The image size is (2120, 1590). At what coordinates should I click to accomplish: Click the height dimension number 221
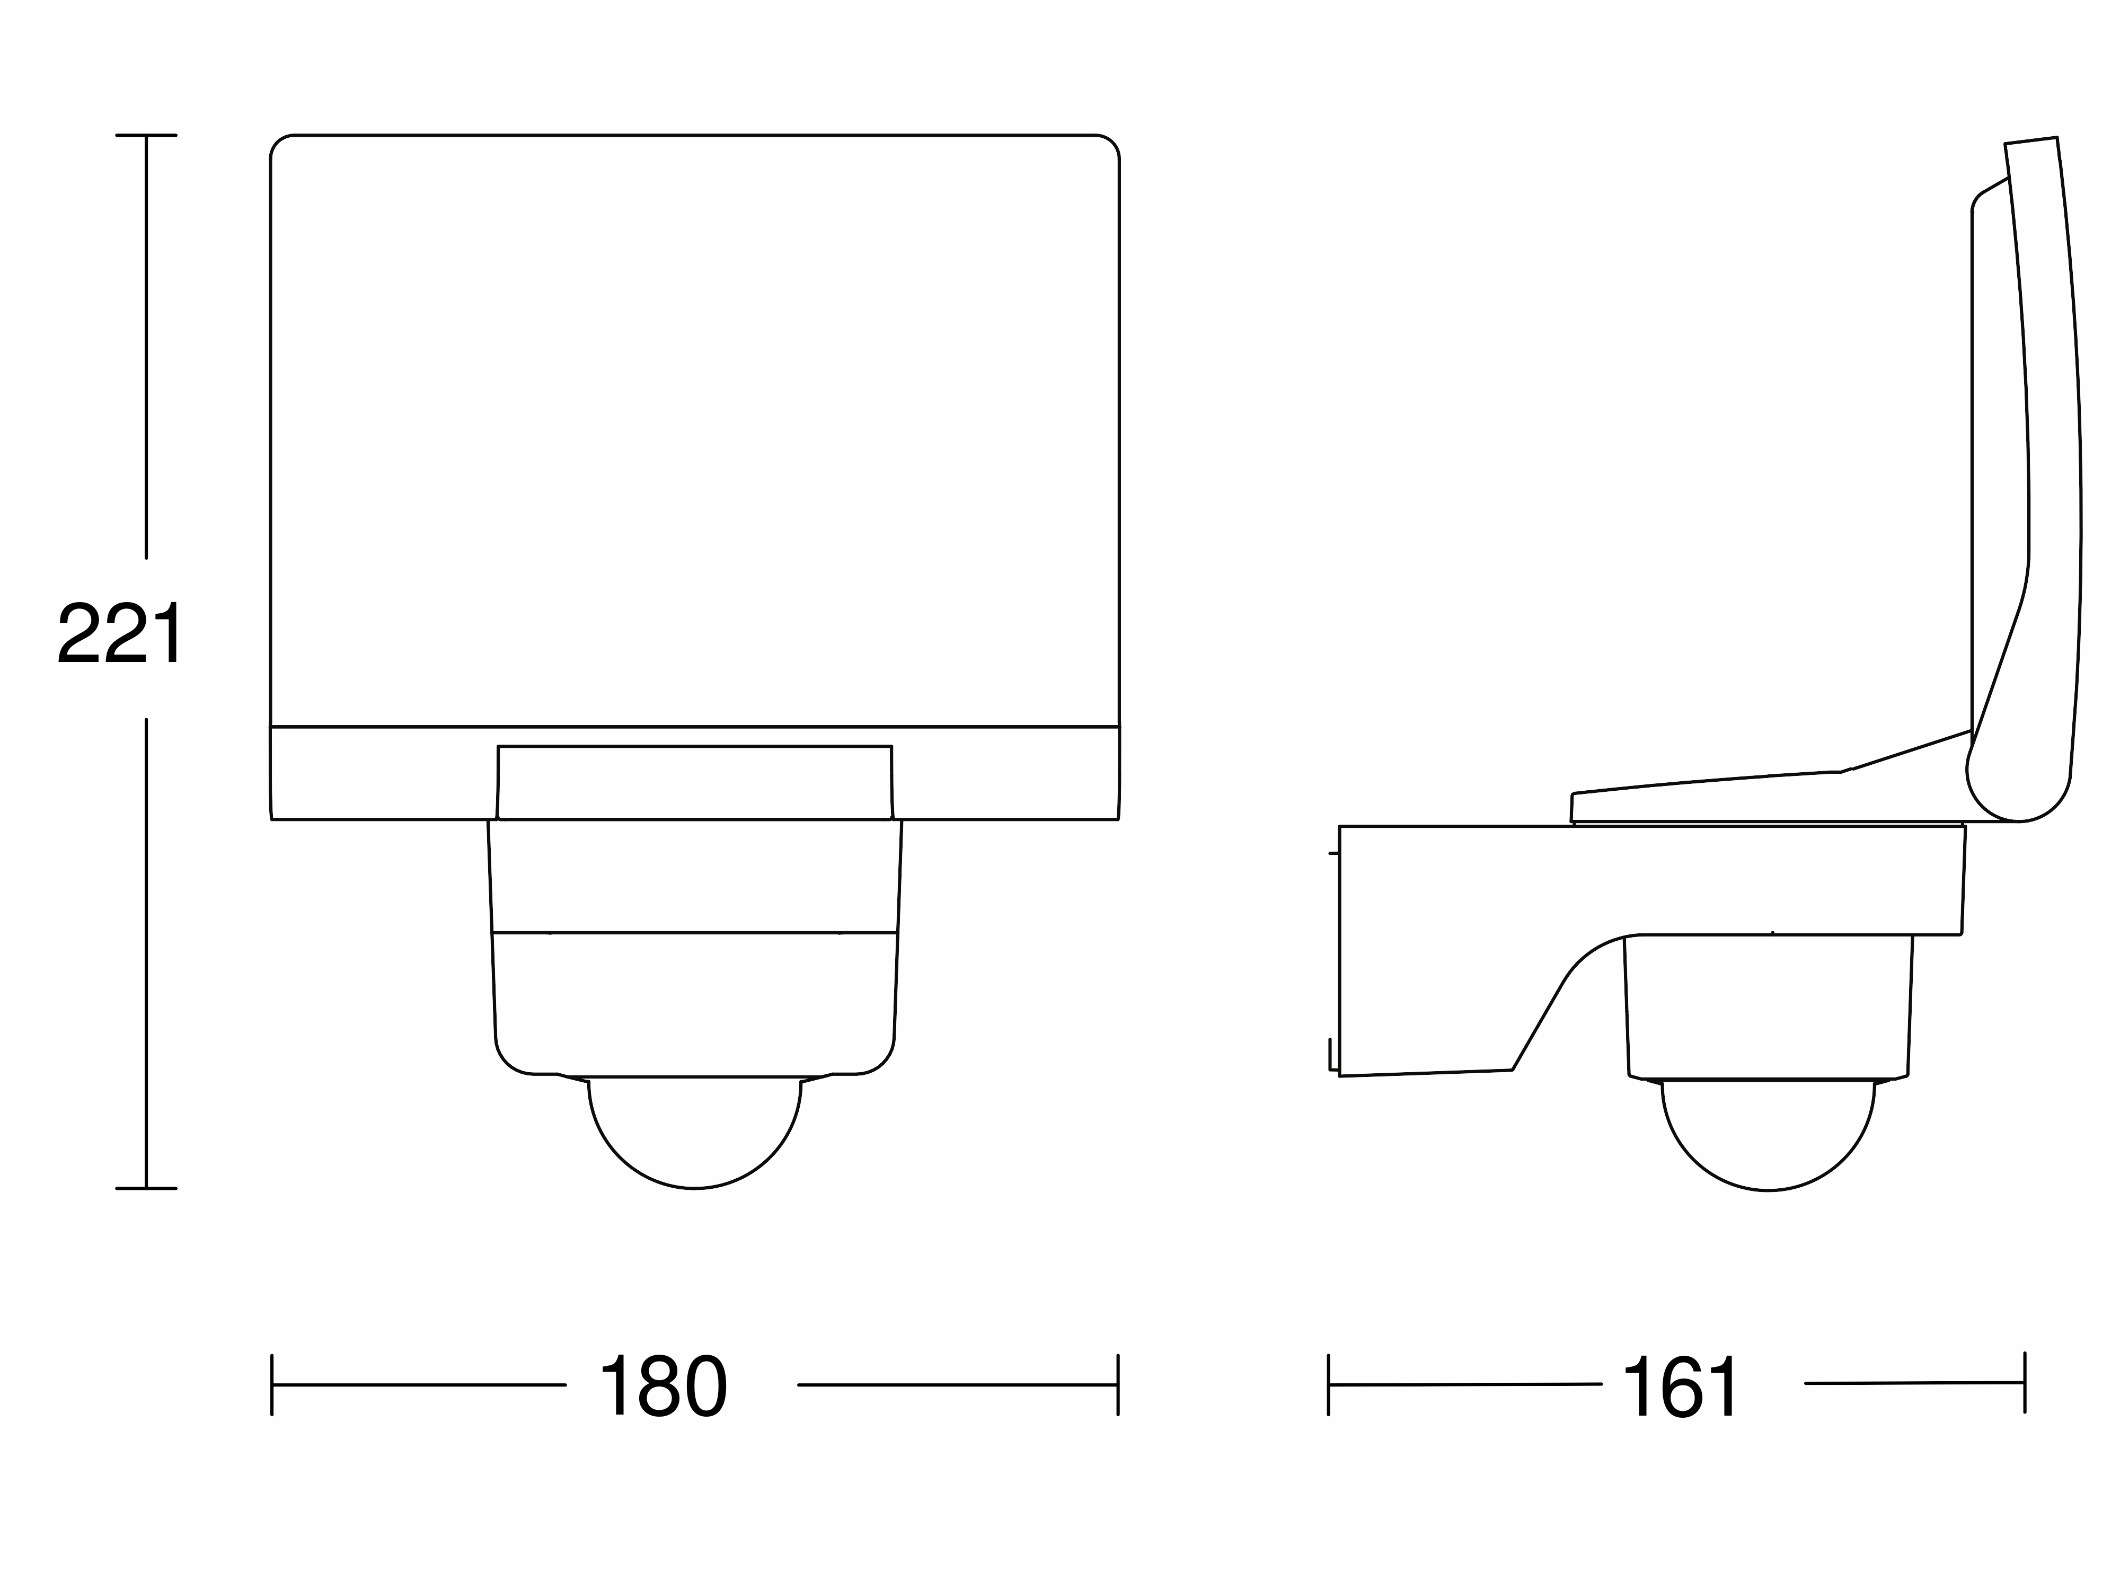coord(120,633)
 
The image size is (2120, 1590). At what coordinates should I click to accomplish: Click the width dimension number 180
coord(663,1386)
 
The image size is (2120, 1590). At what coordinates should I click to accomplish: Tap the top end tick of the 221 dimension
coord(146,135)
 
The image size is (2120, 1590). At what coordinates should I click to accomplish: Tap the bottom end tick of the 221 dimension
coord(146,1188)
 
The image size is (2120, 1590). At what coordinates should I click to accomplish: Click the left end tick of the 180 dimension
coord(272,1385)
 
